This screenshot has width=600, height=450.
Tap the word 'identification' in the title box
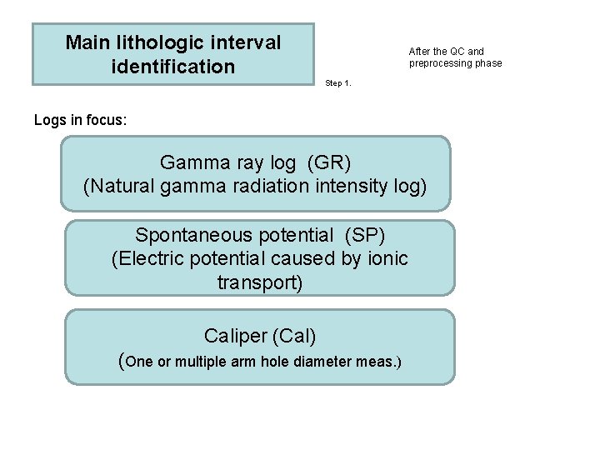173,67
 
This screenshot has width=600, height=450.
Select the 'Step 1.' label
338,83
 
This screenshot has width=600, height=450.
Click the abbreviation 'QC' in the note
457,52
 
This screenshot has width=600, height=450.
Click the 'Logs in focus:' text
81,121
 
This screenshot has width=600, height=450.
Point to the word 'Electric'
152,259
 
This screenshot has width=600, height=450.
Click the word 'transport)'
260,283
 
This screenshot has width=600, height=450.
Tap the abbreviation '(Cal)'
293,336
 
